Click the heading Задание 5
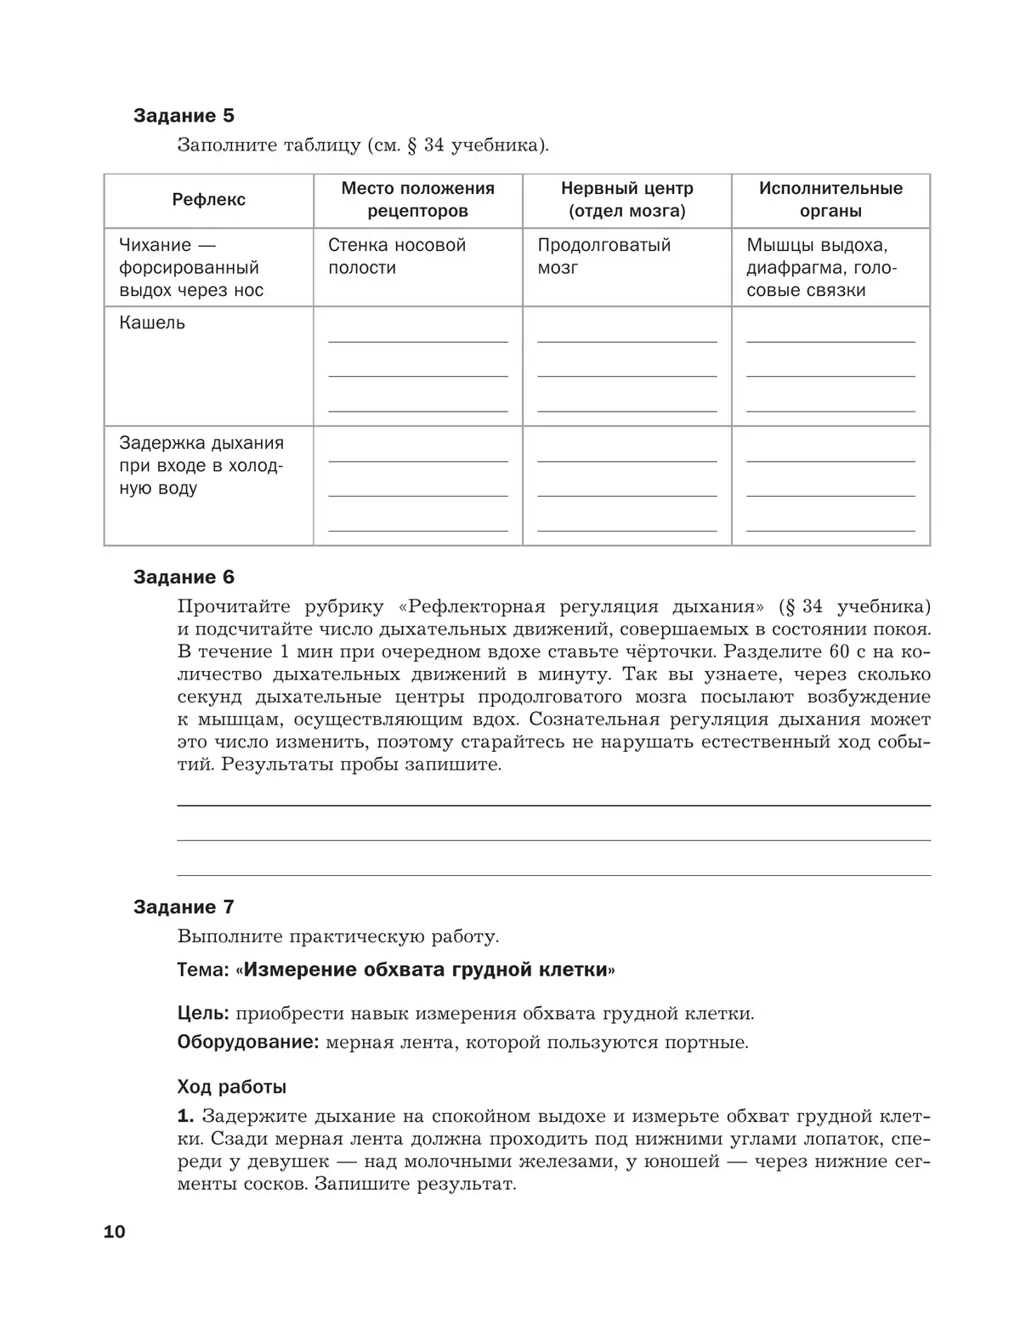[184, 116]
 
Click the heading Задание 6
[184, 577]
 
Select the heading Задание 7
[184, 907]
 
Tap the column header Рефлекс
[208, 200]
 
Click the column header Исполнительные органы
[830, 200]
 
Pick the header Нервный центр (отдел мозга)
[626, 200]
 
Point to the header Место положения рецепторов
[417, 200]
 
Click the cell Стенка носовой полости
[397, 257]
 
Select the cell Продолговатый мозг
[603, 257]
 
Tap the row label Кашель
[152, 323]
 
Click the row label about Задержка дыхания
[201, 465]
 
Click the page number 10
[114, 1231]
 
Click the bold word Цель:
[202, 1013]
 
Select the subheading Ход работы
[232, 1087]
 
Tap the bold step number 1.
[185, 1117]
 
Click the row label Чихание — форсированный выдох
[191, 268]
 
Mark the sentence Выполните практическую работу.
[338, 937]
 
